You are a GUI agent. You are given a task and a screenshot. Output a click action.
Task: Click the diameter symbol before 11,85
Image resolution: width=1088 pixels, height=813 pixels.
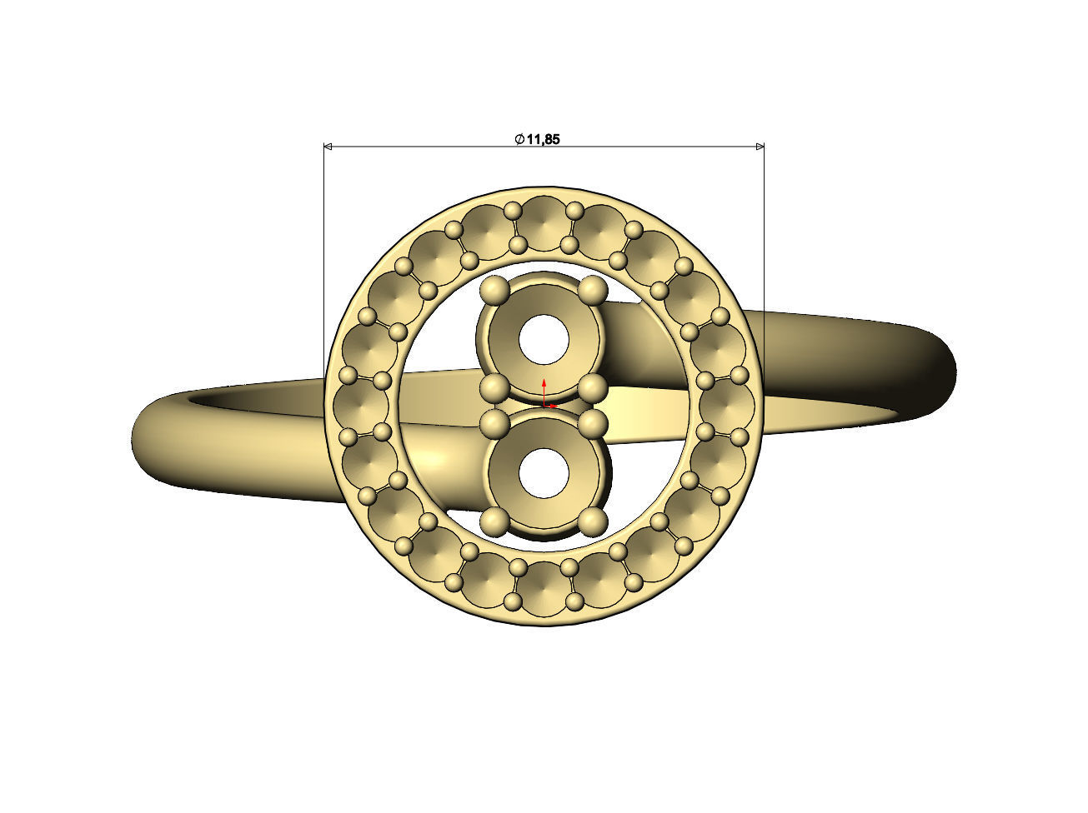[519, 139]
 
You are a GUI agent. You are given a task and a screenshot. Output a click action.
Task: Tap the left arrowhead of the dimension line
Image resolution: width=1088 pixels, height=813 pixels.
[328, 147]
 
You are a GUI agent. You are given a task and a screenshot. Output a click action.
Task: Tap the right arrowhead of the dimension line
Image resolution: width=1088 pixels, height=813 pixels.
[760, 147]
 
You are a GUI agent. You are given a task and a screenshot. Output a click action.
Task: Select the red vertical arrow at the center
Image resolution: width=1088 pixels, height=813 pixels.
[544, 391]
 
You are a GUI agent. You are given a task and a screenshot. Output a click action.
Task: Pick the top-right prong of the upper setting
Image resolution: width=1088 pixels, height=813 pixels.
[593, 289]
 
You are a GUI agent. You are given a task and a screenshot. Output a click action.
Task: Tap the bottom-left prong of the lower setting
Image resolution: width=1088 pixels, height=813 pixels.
[495, 522]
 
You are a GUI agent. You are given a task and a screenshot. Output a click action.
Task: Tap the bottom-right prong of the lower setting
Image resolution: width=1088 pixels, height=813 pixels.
[593, 522]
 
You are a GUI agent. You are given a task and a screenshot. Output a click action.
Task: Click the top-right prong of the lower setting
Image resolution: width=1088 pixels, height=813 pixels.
[593, 422]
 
